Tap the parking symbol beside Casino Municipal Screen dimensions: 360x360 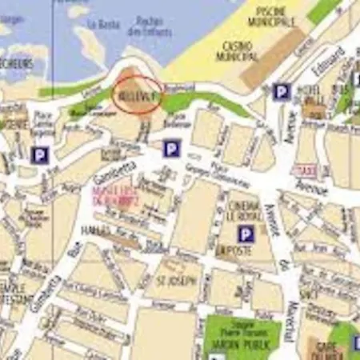coord(281,92)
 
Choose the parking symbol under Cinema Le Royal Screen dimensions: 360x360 coord(246,234)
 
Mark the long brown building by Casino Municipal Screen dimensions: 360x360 coord(273,58)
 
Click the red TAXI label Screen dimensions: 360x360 coord(304,170)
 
